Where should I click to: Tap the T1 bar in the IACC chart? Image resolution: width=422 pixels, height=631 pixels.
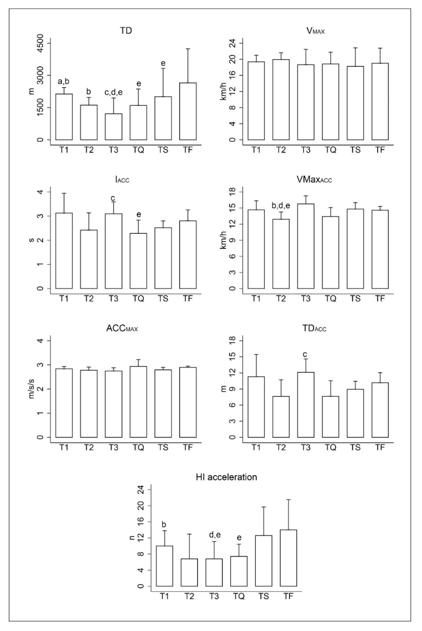pos(64,251)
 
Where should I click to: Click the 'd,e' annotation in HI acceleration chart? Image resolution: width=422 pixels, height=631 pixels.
pos(215,535)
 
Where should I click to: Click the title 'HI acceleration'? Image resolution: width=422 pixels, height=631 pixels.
pos(226,477)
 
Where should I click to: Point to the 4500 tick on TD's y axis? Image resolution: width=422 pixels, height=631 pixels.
pos(40,43)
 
